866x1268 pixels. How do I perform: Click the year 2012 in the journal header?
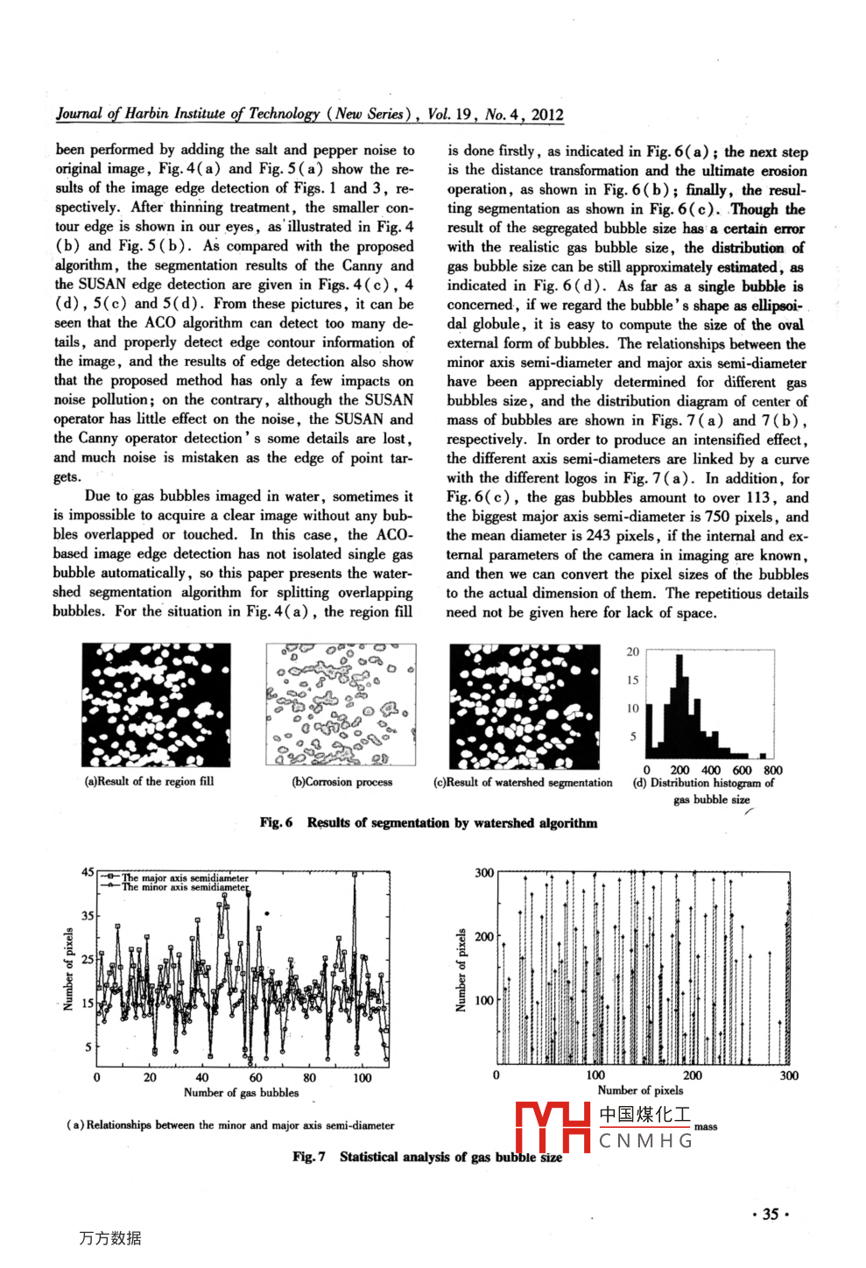547,115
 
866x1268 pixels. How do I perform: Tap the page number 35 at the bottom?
771,1214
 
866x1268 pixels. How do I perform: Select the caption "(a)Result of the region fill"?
149,781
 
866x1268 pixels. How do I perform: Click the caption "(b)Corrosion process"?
341,782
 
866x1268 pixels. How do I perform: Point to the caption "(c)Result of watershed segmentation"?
523,782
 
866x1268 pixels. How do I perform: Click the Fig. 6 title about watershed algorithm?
428,822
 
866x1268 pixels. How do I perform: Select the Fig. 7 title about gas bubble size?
427,1157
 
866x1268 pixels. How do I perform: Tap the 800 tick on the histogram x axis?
772,771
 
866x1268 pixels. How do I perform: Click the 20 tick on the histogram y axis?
633,652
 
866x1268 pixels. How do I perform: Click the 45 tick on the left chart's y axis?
88,872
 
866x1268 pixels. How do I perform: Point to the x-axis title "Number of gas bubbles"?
241,1092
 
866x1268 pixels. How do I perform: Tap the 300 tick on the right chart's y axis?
484,872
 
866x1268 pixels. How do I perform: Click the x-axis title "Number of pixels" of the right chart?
640,1090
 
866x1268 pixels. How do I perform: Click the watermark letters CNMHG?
645,1140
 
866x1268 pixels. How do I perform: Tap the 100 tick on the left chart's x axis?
363,1078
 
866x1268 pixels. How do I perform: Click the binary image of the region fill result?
157,705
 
